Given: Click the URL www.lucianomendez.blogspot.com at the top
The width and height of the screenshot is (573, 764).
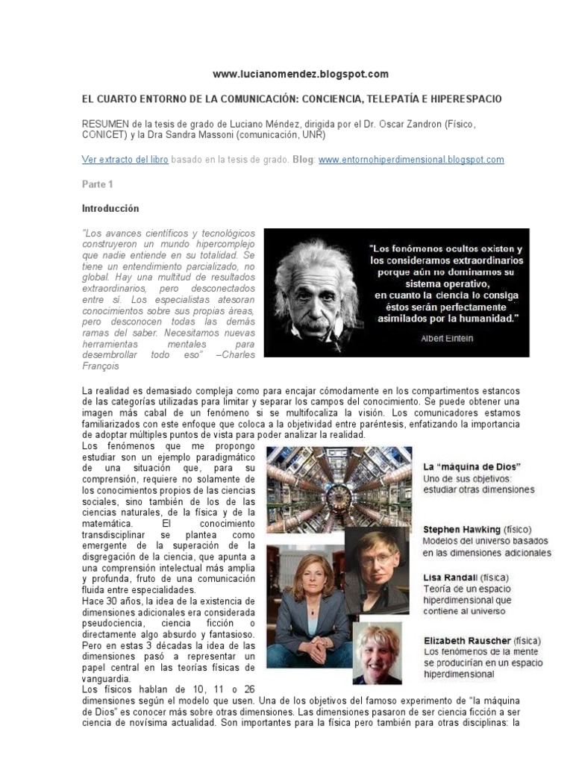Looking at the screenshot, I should (x=301, y=74).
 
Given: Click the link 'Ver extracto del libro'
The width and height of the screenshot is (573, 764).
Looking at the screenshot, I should (x=124, y=160).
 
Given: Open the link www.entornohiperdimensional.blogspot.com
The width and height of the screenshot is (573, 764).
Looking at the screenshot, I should (x=411, y=160).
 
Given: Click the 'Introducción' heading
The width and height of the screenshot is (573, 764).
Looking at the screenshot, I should (x=110, y=208).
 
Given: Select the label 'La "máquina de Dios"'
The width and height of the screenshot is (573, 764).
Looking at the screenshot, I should (x=472, y=466).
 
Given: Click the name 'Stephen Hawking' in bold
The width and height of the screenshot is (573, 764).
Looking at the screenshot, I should (x=461, y=529).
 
